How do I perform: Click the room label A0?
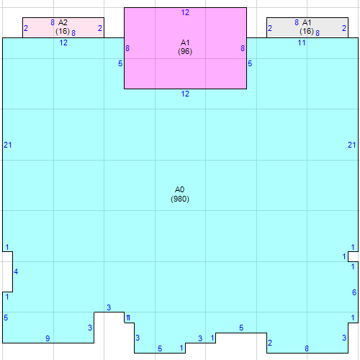click(180, 189)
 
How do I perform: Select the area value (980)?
click(180, 199)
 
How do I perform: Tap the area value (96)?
click(185, 52)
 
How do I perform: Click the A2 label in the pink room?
click(63, 23)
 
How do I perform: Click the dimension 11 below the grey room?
click(302, 43)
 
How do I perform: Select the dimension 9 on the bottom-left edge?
click(48, 338)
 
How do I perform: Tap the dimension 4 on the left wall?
click(16, 271)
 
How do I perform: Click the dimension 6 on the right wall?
click(354, 292)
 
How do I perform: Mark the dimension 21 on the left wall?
click(8, 145)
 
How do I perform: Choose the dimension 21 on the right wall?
click(352, 145)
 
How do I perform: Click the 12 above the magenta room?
click(185, 13)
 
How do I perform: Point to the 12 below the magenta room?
click(185, 94)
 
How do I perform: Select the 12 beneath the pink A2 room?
click(63, 43)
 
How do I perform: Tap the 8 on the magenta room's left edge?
click(127, 48)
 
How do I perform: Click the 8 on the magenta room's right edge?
click(243, 48)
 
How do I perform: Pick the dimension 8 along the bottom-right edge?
click(307, 348)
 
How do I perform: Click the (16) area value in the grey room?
click(307, 32)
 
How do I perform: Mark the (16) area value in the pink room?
click(63, 32)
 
